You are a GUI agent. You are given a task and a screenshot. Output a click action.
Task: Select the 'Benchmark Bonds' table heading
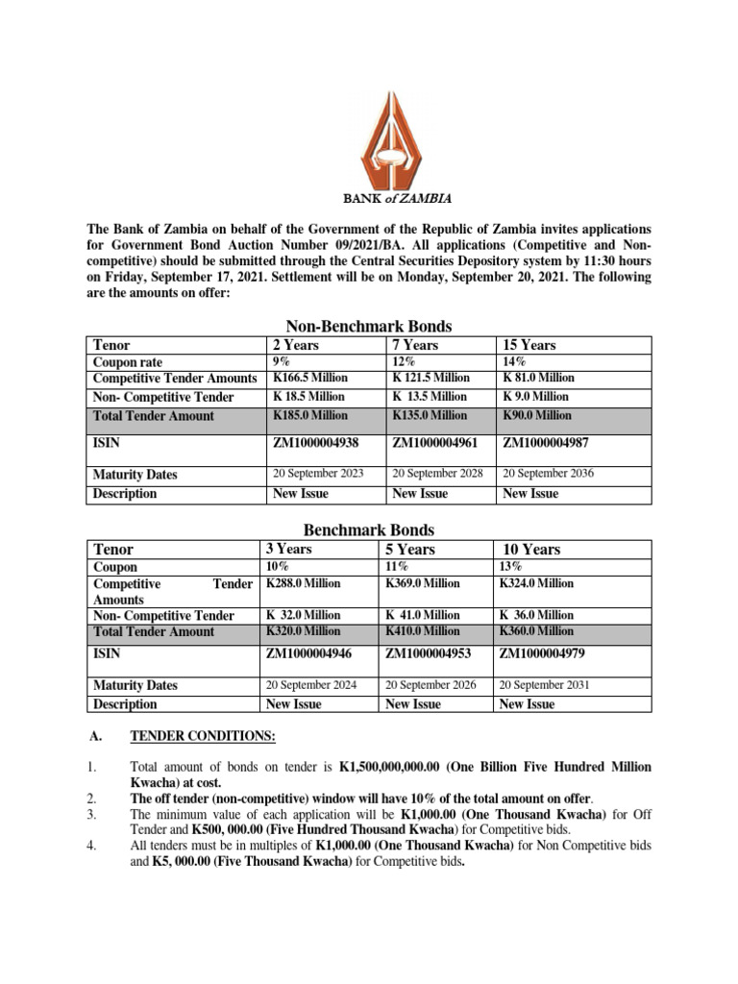point(369,529)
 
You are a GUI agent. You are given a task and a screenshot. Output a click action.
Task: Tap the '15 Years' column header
point(529,345)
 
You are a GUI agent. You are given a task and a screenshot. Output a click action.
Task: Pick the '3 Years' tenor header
point(288,549)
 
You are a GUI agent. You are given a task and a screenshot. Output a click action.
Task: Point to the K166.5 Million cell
point(310,378)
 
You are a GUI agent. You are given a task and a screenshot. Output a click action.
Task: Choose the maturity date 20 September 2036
point(549,474)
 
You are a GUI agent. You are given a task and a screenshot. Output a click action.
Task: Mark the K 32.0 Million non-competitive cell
point(303,615)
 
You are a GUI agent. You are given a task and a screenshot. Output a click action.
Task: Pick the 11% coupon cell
point(396,567)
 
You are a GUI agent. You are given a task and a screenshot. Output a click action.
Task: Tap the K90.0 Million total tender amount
point(536,415)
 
